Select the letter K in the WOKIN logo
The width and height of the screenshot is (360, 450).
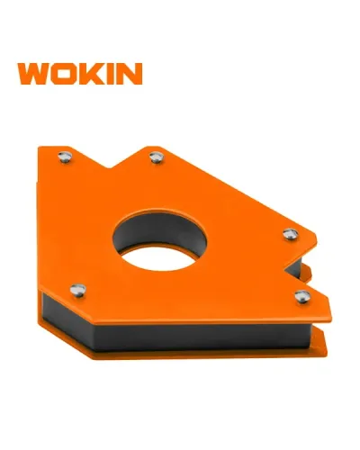point(101,74)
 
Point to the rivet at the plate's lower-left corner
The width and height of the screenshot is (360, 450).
point(79,289)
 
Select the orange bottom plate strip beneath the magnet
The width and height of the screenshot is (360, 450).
point(198,358)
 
